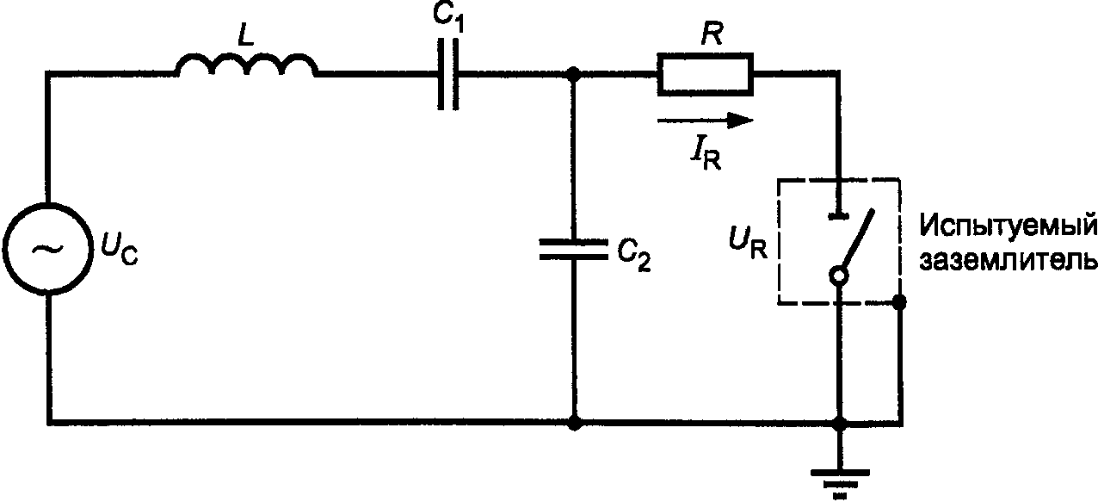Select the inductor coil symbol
click(x=246, y=65)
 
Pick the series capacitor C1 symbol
click(x=448, y=73)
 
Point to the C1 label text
click(x=448, y=19)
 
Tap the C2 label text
click(x=634, y=254)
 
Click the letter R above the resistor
click(x=712, y=34)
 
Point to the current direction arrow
click(x=705, y=121)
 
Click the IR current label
click(x=706, y=155)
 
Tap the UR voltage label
click(x=748, y=244)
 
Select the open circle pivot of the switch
click(x=839, y=276)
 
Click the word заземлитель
click(x=1008, y=259)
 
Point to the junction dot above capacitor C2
click(x=573, y=73)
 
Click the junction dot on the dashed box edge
click(x=898, y=301)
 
